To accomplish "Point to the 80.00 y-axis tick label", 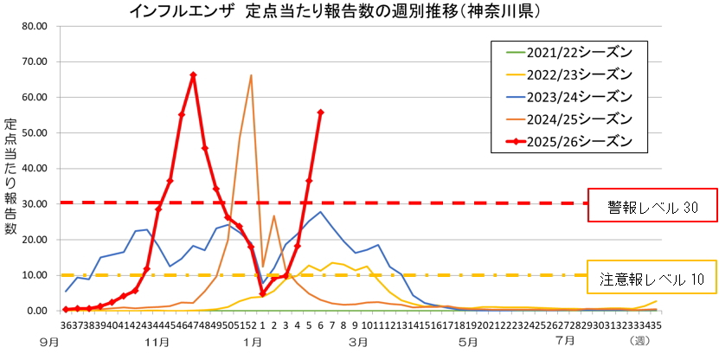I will [x=33, y=25].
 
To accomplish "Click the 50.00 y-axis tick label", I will [x=33, y=132].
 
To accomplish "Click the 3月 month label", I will [x=359, y=343].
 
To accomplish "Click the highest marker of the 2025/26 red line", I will [x=193, y=75].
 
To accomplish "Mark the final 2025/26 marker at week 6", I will [x=321, y=112].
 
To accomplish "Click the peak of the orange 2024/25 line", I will [x=251, y=75].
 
